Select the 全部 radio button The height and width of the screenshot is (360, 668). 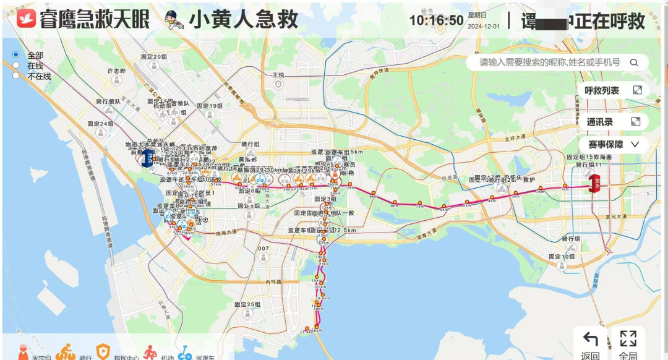16,55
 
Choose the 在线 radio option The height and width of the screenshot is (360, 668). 16,65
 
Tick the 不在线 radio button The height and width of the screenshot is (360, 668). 16,75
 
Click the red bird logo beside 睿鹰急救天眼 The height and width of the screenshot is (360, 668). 26,19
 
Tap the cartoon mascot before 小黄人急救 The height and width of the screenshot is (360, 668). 174,20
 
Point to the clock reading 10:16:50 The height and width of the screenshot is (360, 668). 436,20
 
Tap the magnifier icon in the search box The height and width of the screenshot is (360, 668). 634,62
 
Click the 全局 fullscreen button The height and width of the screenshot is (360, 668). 628,344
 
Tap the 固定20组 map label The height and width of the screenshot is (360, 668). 154,57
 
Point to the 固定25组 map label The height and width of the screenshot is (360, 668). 247,304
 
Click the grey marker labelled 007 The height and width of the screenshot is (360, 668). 264,249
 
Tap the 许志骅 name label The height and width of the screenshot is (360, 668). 116,71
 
